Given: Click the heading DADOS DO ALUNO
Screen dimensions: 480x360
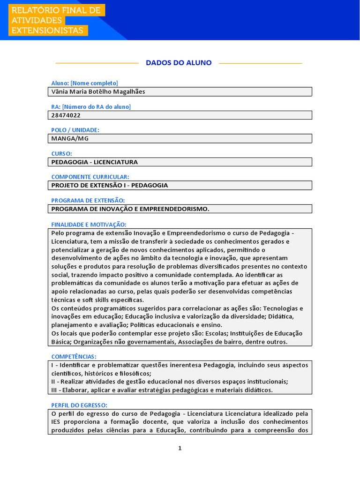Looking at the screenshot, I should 179,63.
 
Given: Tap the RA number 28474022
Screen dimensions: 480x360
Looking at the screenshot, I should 66,115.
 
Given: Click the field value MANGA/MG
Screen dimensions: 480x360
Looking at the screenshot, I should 69,139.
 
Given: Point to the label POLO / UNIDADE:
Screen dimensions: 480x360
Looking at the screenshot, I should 75,130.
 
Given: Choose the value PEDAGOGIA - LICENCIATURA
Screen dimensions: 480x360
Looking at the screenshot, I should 94,162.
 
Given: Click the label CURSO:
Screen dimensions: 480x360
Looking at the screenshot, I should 61,153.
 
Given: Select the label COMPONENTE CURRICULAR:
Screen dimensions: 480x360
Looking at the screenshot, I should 90,177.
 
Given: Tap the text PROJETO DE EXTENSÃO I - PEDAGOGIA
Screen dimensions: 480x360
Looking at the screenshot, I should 109,186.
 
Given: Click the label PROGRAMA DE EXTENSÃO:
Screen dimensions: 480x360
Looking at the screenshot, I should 88,200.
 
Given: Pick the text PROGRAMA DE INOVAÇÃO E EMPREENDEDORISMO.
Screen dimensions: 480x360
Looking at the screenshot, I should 130,209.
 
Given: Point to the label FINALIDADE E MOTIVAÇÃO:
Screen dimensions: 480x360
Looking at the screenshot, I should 89,224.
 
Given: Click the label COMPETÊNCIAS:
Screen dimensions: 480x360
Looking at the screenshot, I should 74,357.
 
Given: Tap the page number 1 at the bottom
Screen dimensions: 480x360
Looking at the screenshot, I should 180,448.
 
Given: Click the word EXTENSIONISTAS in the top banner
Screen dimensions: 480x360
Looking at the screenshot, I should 47,30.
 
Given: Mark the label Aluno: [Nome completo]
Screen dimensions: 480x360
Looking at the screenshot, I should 84,83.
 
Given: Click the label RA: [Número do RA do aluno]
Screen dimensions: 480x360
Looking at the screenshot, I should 91,106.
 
